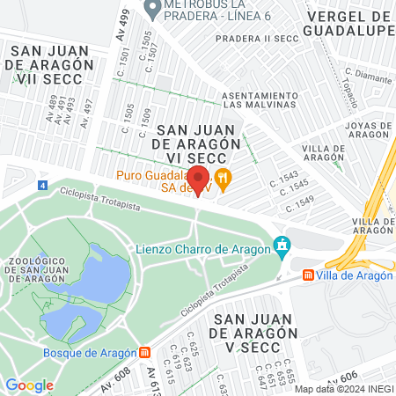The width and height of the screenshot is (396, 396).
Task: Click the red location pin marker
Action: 199,180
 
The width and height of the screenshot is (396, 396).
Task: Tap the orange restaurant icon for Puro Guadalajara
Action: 224,177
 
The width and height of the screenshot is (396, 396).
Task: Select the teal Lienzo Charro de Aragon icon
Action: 282,244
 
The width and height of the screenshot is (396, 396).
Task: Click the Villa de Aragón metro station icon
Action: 308,275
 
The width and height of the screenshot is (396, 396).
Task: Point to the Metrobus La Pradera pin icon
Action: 151,10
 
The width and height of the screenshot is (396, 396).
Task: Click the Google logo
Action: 30,385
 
